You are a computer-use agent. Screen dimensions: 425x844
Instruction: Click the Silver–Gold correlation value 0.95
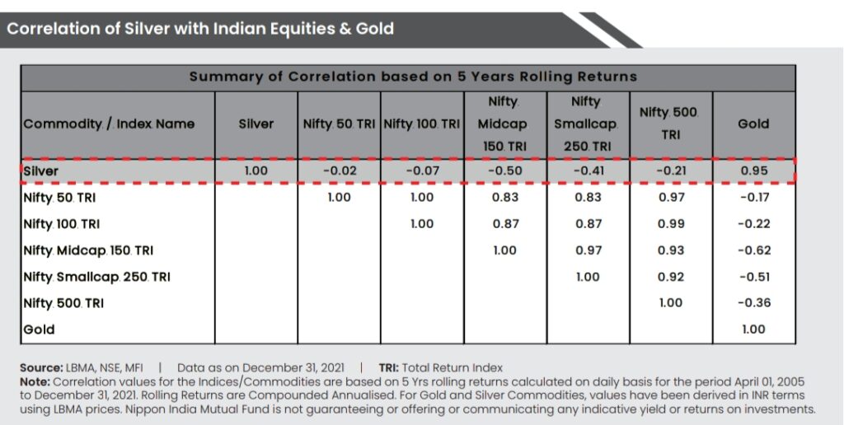[x=753, y=171]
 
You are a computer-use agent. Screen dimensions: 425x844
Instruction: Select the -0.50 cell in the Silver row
[x=504, y=171]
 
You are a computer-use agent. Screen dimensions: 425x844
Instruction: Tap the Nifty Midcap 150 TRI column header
[x=504, y=124]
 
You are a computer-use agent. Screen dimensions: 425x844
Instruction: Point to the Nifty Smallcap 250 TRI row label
[x=96, y=277]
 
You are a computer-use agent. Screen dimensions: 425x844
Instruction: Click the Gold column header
[x=753, y=124]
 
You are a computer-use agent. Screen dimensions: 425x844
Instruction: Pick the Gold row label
[x=39, y=329]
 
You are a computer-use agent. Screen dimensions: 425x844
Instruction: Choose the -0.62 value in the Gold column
[x=753, y=250]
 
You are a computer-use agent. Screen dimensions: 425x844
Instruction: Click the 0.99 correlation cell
[x=670, y=224]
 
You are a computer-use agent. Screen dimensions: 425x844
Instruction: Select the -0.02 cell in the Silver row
[x=339, y=171]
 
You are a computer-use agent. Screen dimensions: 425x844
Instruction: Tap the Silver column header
[x=256, y=124]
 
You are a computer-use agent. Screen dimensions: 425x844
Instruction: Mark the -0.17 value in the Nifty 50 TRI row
[x=753, y=198]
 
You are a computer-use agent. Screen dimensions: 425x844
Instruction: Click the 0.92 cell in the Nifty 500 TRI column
[x=670, y=277]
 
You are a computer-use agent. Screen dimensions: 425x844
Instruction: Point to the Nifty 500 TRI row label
[x=63, y=303]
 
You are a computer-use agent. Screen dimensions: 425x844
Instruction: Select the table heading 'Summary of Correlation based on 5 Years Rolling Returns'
[x=412, y=77]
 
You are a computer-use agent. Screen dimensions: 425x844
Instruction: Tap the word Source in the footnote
[x=41, y=367]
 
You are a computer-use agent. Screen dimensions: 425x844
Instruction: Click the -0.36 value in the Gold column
[x=753, y=303]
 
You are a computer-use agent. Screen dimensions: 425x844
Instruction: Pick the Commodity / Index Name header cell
[x=109, y=124]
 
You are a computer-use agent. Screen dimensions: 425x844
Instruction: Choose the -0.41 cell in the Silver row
[x=587, y=171]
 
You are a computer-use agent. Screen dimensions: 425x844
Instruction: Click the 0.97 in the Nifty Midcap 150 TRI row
[x=587, y=250]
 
